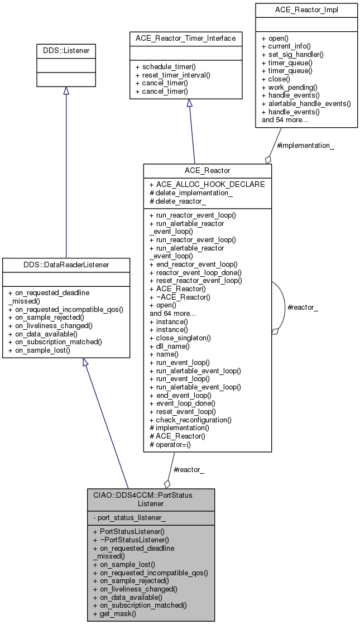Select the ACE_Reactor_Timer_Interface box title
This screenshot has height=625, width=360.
click(x=186, y=39)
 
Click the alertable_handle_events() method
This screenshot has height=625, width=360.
click(x=306, y=103)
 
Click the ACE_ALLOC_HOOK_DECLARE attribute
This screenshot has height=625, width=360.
click(x=207, y=184)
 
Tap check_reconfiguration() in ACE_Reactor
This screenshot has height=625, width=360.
click(x=193, y=419)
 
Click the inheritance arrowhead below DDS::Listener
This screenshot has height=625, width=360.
click(x=66, y=91)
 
